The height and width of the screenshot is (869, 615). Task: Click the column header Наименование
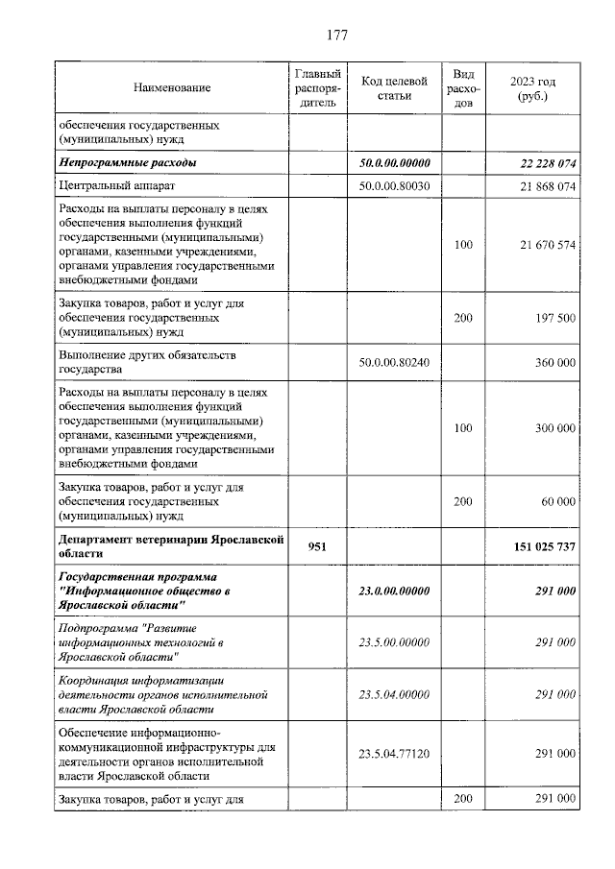click(x=173, y=88)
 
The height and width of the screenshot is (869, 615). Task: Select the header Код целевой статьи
click(x=394, y=88)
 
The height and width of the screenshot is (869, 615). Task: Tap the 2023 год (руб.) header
click(x=532, y=88)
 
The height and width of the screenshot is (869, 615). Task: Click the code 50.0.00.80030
click(x=394, y=186)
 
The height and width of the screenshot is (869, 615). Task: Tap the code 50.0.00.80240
click(x=394, y=363)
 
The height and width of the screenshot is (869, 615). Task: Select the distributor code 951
click(x=317, y=546)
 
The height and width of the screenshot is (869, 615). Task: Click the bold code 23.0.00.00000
click(x=394, y=591)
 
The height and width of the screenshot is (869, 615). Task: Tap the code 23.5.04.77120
click(x=394, y=755)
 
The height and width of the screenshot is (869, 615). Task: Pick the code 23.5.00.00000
click(x=394, y=642)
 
